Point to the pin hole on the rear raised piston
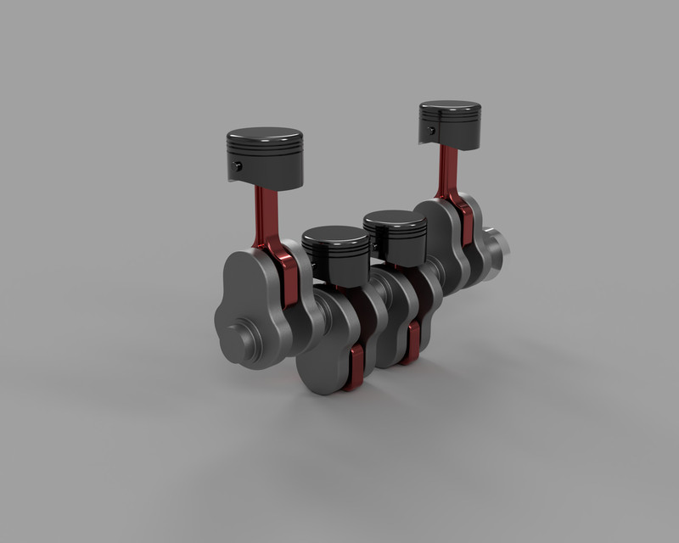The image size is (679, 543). point(432,131)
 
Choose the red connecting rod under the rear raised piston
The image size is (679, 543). point(445,174)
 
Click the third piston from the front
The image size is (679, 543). point(396,233)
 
